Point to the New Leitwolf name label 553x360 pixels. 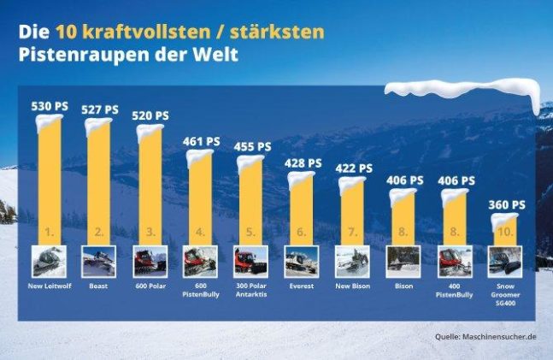tap(49, 285)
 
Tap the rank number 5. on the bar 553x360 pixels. tap(250, 232)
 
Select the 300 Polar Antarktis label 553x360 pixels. tap(250, 289)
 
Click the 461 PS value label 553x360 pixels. tap(200, 142)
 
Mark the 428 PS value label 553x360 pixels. tap(302, 162)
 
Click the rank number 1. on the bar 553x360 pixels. tap(49, 232)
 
